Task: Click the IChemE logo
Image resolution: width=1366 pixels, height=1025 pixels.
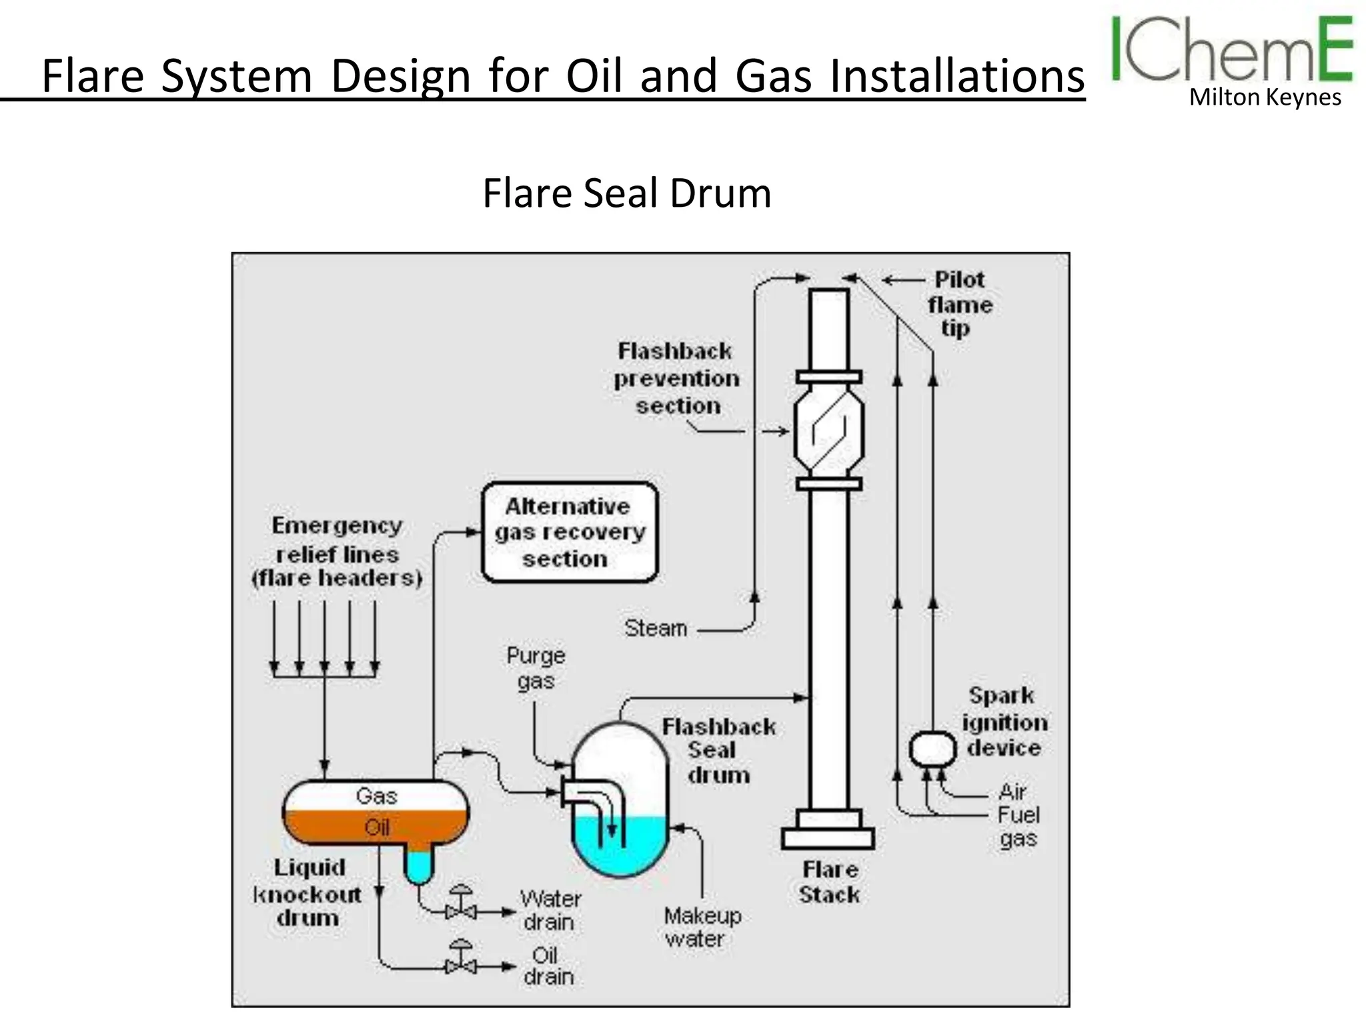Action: [x=1231, y=50]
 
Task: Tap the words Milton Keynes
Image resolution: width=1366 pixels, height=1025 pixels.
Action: [x=1265, y=98]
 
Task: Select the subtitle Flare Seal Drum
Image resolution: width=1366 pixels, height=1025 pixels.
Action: [x=626, y=194]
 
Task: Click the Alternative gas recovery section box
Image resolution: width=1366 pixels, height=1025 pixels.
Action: [x=570, y=533]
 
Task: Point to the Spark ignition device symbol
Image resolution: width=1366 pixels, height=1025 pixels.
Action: [x=932, y=749]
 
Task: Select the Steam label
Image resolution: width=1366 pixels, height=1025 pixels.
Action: [x=655, y=629]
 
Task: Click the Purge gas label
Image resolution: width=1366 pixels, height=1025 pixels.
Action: [x=536, y=668]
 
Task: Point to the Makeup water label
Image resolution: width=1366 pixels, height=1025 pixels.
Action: [x=702, y=927]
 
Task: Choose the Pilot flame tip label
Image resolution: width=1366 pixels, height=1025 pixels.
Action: [x=959, y=304]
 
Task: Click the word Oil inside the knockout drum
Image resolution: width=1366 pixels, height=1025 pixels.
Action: [x=377, y=828]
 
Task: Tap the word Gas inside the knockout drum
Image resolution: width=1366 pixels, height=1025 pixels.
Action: [x=377, y=796]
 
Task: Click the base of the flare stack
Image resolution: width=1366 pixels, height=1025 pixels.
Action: [x=828, y=837]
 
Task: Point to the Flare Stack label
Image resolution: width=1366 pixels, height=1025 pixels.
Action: [x=829, y=882]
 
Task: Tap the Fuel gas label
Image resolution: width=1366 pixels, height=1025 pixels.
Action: [x=1018, y=827]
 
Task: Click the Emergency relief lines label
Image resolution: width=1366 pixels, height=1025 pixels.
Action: [x=337, y=552]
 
